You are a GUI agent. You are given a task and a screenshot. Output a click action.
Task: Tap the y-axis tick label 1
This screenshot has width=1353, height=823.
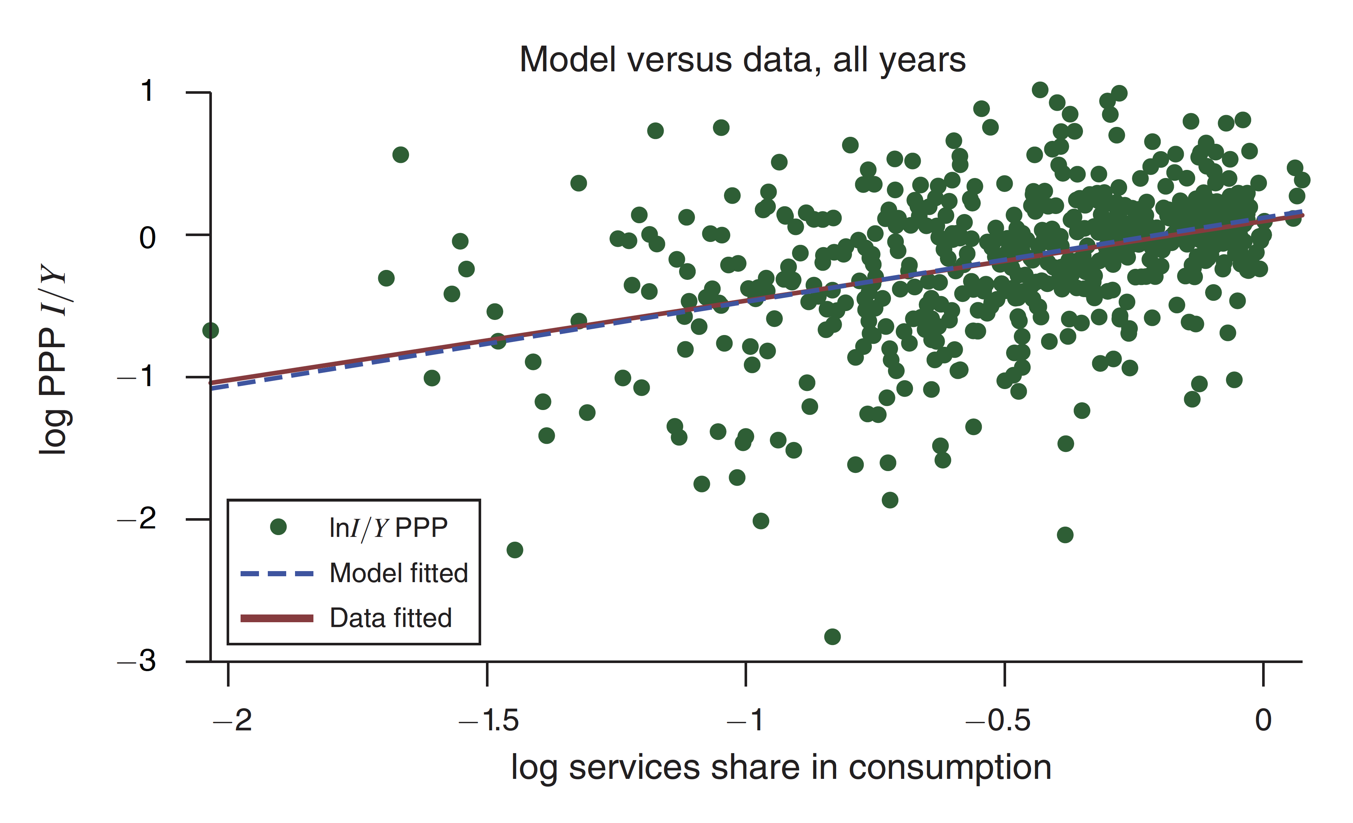(x=147, y=91)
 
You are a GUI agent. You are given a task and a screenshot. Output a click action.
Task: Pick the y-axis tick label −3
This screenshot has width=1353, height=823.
(x=136, y=660)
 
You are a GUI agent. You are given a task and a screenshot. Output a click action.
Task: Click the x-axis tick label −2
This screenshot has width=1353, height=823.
(x=232, y=720)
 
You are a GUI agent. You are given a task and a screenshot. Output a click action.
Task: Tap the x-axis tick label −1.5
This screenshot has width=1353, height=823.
(x=489, y=720)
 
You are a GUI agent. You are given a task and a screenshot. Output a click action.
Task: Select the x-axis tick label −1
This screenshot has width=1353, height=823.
(x=745, y=720)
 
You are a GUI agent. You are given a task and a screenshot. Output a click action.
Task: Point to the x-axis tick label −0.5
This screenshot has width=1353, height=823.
(x=998, y=720)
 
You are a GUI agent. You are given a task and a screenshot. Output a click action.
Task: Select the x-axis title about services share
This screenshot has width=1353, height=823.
(x=781, y=767)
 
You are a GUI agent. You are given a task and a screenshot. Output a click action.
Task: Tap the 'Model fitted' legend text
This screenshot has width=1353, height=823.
(x=399, y=573)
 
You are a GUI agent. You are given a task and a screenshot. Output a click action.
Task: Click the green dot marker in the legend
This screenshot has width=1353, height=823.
(x=278, y=527)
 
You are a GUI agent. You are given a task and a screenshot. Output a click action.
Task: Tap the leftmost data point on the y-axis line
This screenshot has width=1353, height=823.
(x=210, y=331)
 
